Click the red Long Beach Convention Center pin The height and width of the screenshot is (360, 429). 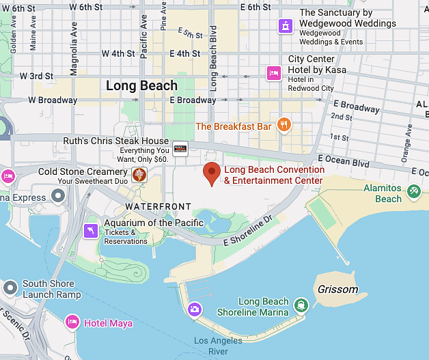(x=212, y=174)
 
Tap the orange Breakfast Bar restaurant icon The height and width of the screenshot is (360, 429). (x=285, y=125)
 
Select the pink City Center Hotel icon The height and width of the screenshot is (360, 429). (x=273, y=73)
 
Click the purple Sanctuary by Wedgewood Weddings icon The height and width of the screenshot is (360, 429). (x=285, y=26)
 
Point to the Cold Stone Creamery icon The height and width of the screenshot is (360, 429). (x=139, y=175)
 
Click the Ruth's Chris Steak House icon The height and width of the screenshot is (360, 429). (x=180, y=149)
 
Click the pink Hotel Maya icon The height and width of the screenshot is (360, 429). (x=72, y=322)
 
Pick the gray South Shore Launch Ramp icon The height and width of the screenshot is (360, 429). (x=10, y=288)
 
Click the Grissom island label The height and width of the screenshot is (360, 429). (x=337, y=290)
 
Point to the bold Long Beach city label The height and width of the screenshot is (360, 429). (x=141, y=86)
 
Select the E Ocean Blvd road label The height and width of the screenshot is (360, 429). (x=343, y=163)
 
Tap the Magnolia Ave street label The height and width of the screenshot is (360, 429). (x=74, y=48)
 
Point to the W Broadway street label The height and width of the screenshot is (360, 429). (x=52, y=100)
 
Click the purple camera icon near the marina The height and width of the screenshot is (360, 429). (x=195, y=309)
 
